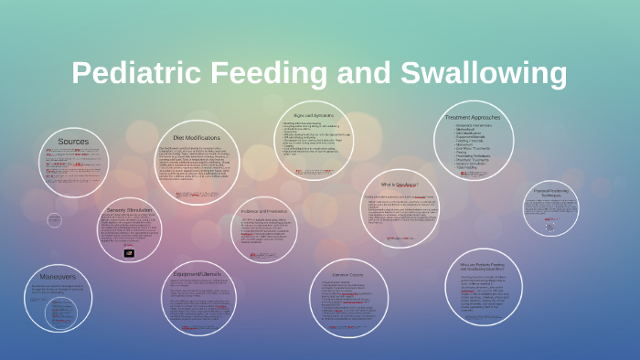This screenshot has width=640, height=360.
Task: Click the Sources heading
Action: coord(73,142)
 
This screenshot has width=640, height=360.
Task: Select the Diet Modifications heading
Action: coord(197,137)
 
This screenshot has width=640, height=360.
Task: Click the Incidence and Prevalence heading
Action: coord(265,211)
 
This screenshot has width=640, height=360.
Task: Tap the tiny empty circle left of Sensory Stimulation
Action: coord(54,220)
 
